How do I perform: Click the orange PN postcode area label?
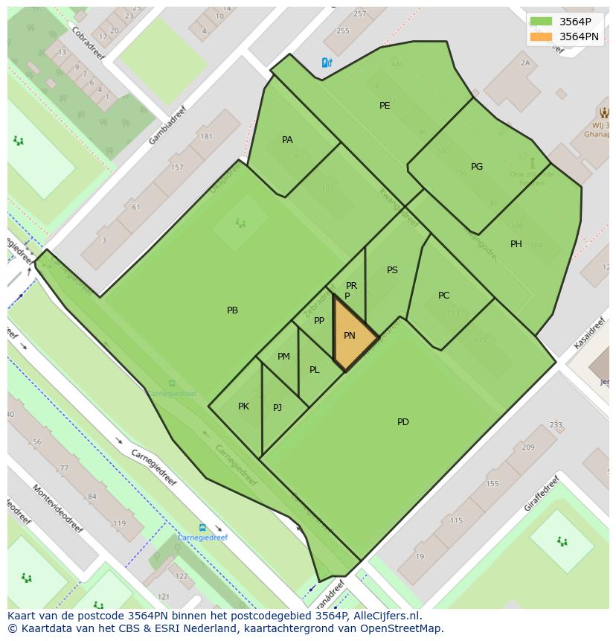(x=350, y=336)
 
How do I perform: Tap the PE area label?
(x=385, y=106)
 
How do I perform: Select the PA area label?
(x=287, y=140)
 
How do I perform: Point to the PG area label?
(x=477, y=167)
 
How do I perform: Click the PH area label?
(x=516, y=244)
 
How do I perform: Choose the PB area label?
(x=233, y=310)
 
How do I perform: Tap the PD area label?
(x=403, y=422)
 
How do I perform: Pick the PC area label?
(x=444, y=296)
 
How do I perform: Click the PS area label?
(x=392, y=270)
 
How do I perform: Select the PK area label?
(x=243, y=406)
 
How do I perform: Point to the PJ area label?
(x=277, y=407)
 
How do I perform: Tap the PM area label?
(x=283, y=357)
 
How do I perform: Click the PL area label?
(x=315, y=370)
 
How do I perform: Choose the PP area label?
(x=319, y=321)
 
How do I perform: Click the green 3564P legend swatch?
(x=541, y=22)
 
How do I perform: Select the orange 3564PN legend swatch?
(x=541, y=36)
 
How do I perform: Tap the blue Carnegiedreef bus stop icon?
(x=202, y=527)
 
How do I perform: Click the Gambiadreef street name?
(x=167, y=125)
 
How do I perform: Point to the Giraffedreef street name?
(x=540, y=493)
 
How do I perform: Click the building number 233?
(x=556, y=425)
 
